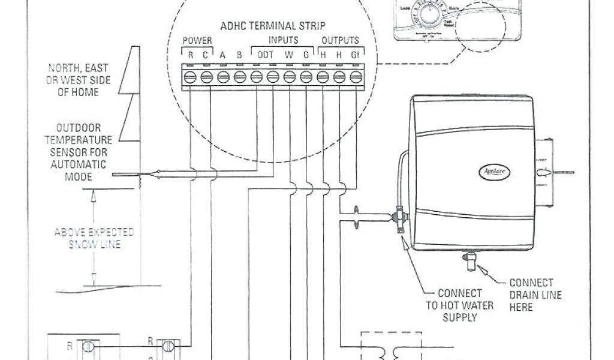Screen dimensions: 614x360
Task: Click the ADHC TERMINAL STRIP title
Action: [273, 26]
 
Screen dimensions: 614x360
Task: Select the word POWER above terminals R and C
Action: [197, 41]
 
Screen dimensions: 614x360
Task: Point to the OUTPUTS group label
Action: [341, 41]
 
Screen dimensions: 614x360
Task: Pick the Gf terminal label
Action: [356, 55]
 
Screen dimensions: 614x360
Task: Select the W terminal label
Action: [289, 55]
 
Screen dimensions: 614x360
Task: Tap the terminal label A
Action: [222, 55]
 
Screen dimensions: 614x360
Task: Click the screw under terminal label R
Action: [189, 77]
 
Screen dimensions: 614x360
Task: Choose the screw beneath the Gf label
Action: [356, 77]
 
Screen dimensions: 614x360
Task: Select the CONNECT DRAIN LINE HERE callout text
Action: [531, 295]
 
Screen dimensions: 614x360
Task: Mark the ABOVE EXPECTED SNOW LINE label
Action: [94, 238]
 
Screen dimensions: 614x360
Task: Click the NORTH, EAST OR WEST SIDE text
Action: [79, 80]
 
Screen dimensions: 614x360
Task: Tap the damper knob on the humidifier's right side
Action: [543, 172]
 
